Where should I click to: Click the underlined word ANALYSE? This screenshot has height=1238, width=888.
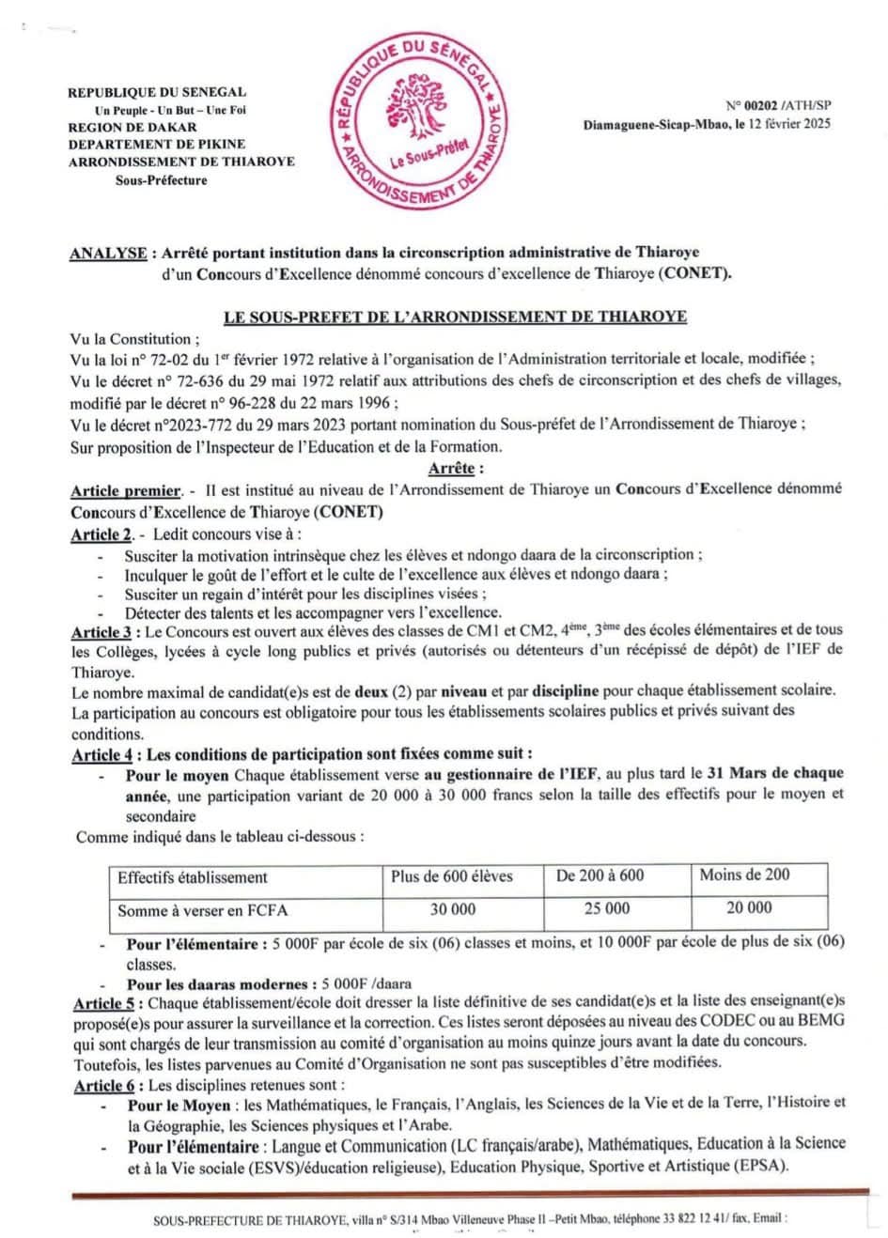click(108, 253)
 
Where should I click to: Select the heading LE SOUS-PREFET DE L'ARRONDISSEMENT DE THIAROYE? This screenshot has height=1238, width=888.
click(455, 317)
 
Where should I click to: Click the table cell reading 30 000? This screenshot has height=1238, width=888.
click(452, 909)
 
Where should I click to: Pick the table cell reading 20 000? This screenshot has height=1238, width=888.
click(749, 907)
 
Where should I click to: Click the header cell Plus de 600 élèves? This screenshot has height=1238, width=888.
click(452, 876)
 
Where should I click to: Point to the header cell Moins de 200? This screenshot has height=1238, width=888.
click(744, 874)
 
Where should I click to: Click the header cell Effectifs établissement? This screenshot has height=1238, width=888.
click(193, 877)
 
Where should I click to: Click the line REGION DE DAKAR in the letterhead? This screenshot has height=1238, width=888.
click(132, 127)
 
